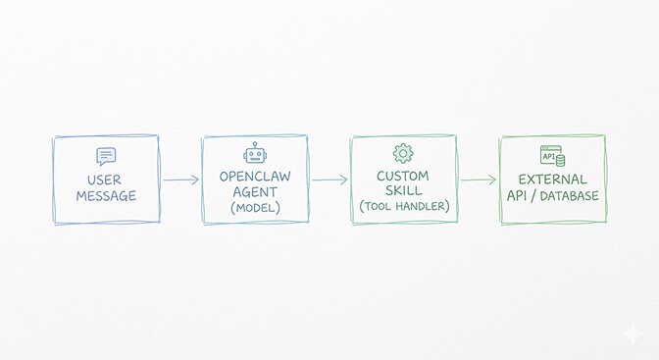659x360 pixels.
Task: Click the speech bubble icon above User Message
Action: point(106,156)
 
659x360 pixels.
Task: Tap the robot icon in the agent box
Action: point(255,154)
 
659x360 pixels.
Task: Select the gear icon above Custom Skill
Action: point(403,153)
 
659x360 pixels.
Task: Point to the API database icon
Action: point(552,154)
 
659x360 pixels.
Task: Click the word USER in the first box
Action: point(105,180)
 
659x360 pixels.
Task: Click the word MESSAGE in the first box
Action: point(105,196)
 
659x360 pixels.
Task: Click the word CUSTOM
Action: point(403,176)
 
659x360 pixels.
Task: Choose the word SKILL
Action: point(403,191)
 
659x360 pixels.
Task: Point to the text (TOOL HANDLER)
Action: point(403,207)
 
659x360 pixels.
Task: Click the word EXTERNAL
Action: point(552,180)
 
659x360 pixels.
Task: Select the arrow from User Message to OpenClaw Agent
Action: point(180,180)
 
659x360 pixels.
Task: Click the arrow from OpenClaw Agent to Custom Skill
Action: point(329,180)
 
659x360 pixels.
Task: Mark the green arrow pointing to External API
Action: point(479,180)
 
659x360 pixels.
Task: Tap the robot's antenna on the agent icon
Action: point(255,144)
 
